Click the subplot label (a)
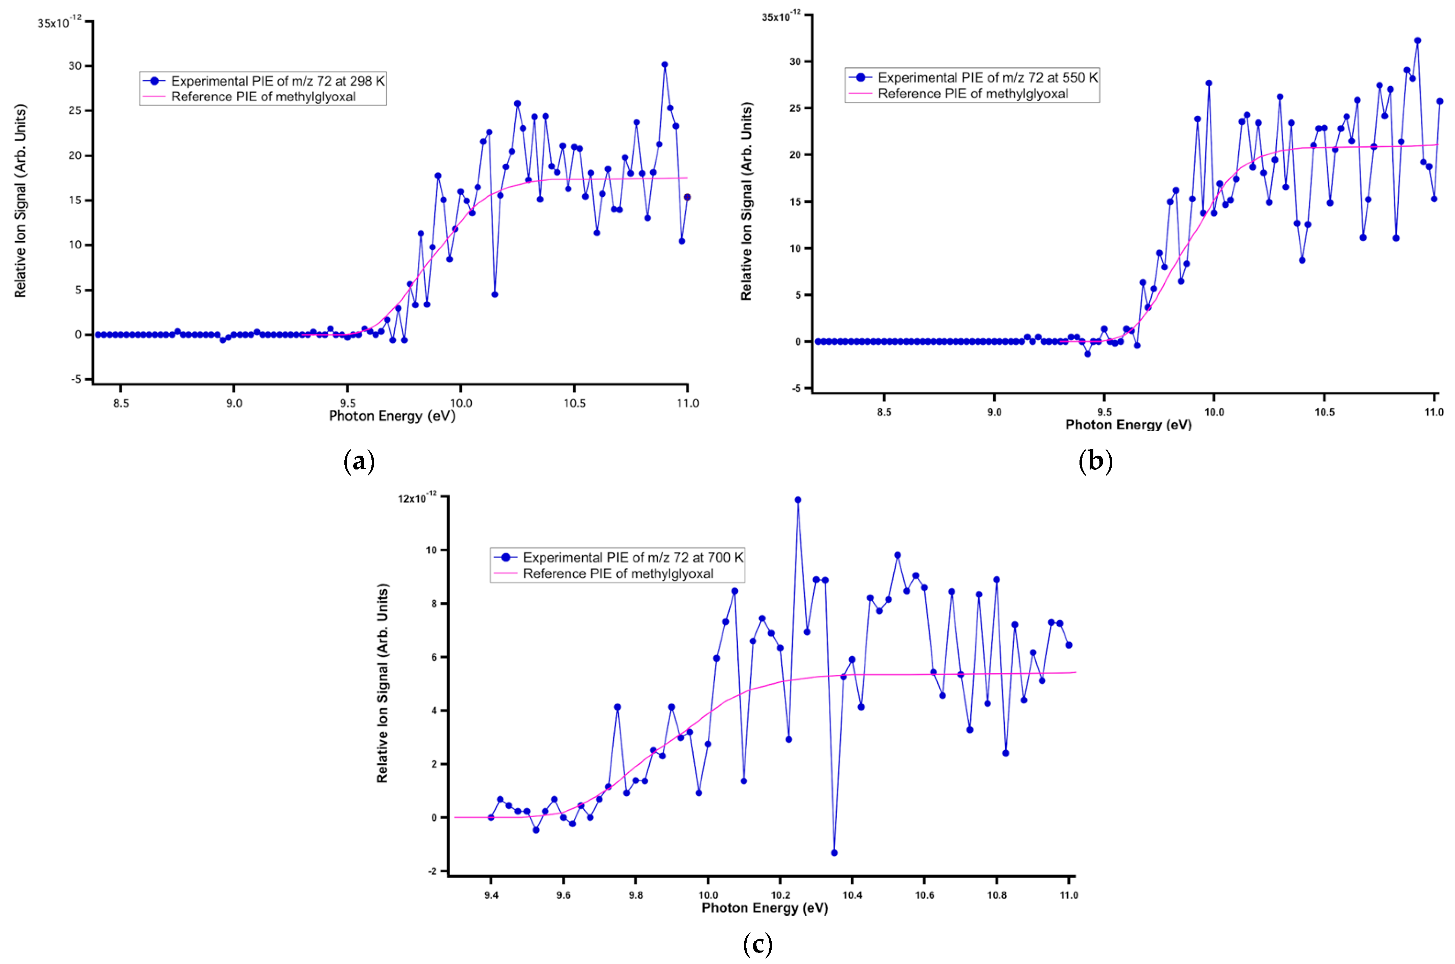359,461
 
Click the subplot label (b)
1095,461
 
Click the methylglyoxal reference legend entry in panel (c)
618,574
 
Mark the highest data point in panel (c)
798,500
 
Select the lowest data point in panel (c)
834,853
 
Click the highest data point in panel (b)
1417,41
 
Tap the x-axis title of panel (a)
392,416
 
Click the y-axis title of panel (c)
382,683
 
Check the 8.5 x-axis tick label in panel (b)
884,412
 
